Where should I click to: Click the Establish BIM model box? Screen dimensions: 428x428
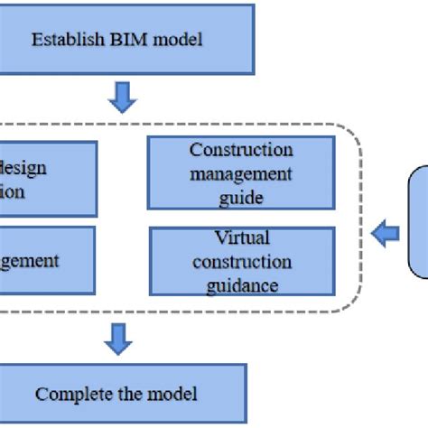coord(126,40)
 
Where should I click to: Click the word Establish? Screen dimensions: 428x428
coord(60,40)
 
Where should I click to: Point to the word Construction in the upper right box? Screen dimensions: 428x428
coord(241,150)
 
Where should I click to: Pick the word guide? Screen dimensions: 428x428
coord(240,197)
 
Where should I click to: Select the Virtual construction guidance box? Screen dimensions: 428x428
coord(241,262)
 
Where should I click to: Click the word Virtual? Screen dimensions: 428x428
coord(241,239)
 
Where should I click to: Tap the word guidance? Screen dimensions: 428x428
coord(241,285)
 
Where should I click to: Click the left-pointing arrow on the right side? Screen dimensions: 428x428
coord(386,235)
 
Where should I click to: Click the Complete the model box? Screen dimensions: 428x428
coord(117,394)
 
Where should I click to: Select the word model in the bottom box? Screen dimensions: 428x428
coord(177,394)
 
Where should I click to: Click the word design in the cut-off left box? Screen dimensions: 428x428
coord(25,168)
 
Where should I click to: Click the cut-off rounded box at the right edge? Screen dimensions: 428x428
coord(417,221)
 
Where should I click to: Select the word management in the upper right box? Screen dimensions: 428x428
coord(241,173)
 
